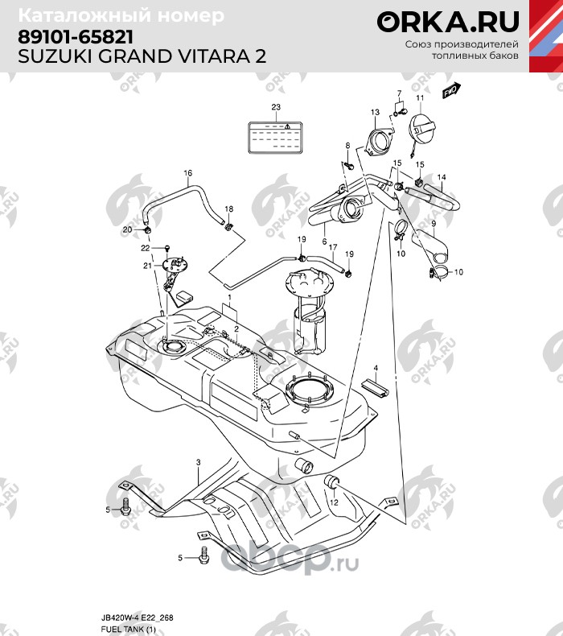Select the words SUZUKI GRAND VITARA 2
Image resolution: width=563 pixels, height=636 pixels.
click(x=142, y=57)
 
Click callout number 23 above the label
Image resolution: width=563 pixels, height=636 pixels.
click(x=276, y=107)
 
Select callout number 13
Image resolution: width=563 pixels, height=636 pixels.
click(x=375, y=112)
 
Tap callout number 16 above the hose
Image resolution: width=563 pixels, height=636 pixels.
click(x=188, y=173)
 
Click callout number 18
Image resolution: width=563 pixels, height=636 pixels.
click(x=228, y=209)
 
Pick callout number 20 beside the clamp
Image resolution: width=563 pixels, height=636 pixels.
click(x=126, y=230)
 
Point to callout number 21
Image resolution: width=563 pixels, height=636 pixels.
click(x=147, y=266)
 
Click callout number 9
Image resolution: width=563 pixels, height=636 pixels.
click(x=433, y=223)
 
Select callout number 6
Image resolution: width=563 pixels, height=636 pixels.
click(x=324, y=241)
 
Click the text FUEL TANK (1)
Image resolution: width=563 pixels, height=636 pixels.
click(x=128, y=628)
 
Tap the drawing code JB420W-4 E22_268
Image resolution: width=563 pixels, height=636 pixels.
click(x=138, y=617)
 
